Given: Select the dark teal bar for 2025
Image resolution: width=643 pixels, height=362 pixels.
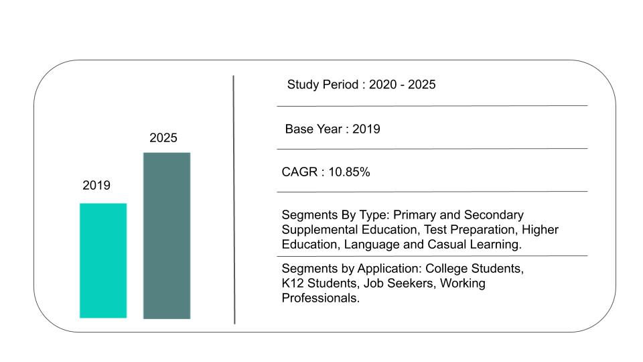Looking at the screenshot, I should (167, 235).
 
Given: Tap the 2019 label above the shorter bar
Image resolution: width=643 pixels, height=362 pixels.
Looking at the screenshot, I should (96, 186).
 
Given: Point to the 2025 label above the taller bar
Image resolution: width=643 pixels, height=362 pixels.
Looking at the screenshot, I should (163, 138).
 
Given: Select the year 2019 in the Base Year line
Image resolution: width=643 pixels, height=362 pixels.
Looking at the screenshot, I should (366, 129).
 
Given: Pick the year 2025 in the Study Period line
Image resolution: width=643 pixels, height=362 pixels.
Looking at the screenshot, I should (422, 84).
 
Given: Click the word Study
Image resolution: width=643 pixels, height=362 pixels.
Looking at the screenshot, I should (303, 84).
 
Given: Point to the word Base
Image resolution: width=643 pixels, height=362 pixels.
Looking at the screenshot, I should (299, 129).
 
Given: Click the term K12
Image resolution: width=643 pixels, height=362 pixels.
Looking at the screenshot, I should (293, 284).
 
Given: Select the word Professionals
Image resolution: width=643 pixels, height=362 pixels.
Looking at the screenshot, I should (321, 298).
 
